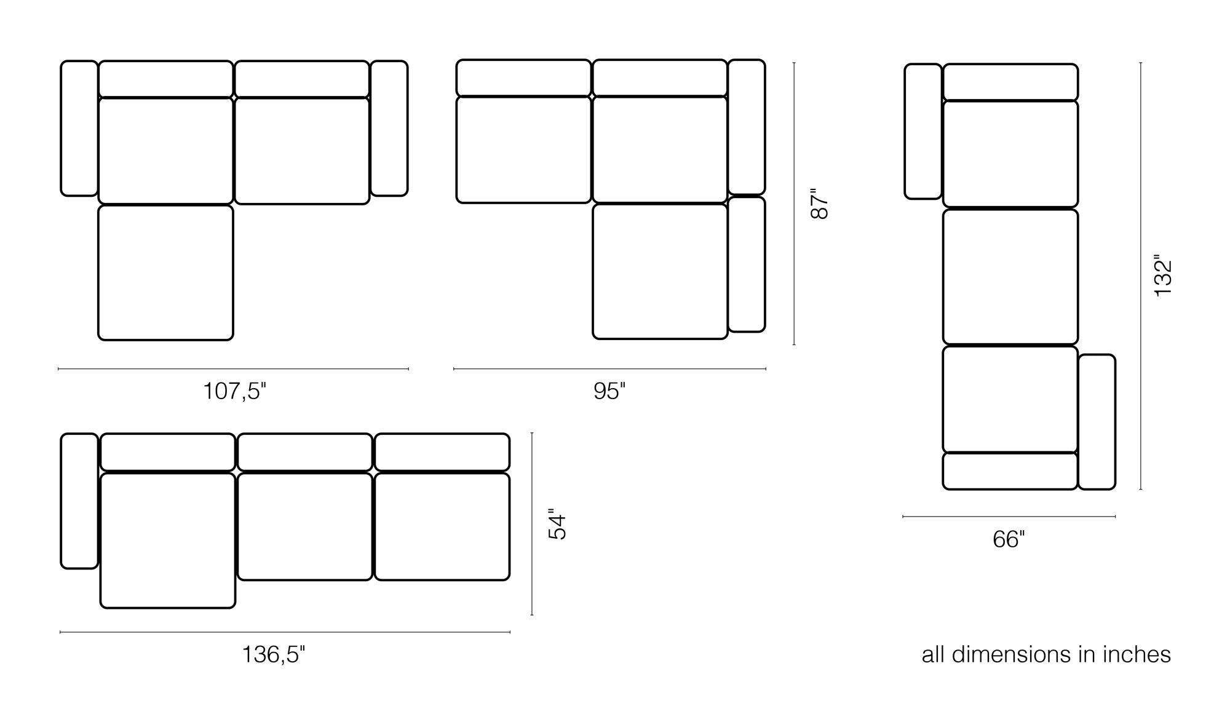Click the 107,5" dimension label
234,391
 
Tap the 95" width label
609,391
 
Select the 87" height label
820,204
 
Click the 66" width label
1009,539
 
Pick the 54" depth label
557,524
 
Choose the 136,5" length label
273,654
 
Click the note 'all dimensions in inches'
1046,654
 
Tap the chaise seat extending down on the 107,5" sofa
165,272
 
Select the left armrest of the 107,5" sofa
79,128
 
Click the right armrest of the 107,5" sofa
389,128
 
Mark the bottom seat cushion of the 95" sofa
660,271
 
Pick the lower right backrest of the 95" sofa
747,264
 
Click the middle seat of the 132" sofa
1010,277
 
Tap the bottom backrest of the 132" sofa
1010,471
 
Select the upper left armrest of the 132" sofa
923,131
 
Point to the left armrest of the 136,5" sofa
79,501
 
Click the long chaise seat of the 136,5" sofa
168,541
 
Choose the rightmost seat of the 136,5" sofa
442,526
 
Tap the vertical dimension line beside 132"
1141,276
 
